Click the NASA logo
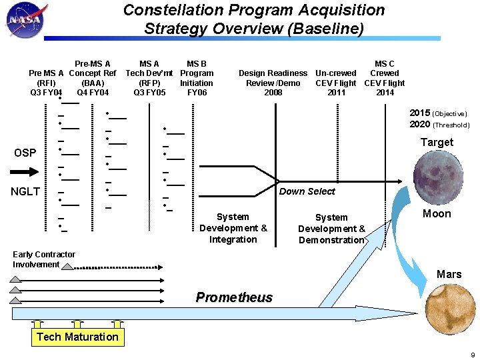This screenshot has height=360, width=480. [x=24, y=21]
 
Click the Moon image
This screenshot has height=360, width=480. [x=437, y=177]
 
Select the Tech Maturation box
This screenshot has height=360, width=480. [x=77, y=337]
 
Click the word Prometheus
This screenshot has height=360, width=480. [x=234, y=297]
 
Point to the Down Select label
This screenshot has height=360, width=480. [x=307, y=191]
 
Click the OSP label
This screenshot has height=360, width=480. [x=25, y=153]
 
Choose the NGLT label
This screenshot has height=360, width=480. [x=25, y=192]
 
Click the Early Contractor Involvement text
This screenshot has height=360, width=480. [x=44, y=259]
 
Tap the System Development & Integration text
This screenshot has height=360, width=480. [x=233, y=228]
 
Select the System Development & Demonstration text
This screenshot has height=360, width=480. [x=331, y=229]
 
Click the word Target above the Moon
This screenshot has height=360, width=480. [x=437, y=142]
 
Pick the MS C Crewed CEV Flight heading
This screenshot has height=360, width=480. [x=384, y=78]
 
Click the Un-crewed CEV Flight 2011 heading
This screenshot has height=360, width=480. [x=336, y=83]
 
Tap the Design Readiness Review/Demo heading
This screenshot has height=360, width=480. [x=273, y=83]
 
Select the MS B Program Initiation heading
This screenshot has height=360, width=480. [x=197, y=78]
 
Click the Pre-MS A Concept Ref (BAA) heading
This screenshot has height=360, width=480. [x=93, y=78]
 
